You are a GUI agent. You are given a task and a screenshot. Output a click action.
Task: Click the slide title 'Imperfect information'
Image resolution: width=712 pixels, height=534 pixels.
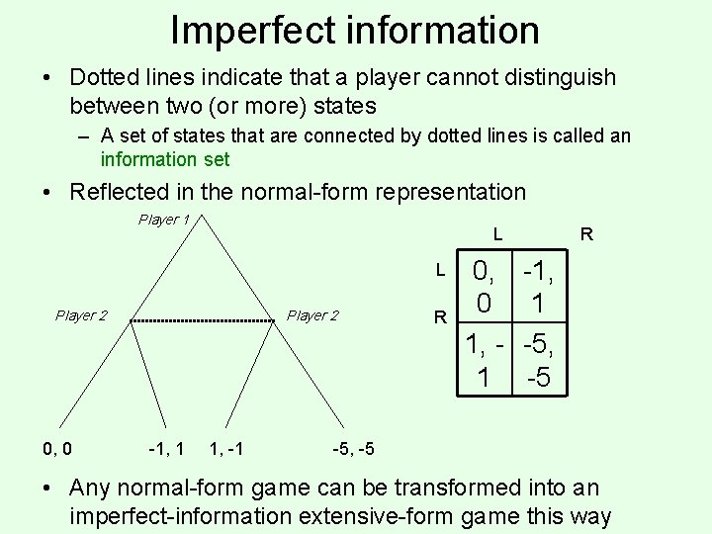355,30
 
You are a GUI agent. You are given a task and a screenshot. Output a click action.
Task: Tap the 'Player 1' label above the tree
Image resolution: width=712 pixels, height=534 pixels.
163,220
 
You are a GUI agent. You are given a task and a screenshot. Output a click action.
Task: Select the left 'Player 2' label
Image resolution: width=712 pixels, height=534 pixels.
81,315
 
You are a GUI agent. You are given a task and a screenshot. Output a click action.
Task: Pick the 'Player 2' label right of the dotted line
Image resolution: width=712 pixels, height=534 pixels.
312,315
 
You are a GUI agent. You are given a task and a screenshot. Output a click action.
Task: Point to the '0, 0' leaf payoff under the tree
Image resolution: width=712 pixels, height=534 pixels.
56,450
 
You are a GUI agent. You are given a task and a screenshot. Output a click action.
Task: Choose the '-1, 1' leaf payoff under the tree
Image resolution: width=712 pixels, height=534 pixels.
165,450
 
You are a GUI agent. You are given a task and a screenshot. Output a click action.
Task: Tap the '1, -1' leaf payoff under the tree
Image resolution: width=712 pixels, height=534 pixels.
229,450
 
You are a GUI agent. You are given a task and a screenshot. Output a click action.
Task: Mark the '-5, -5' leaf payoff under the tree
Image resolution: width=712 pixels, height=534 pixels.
353,450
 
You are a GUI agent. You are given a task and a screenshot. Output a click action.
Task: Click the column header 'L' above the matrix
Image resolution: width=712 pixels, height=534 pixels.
498,235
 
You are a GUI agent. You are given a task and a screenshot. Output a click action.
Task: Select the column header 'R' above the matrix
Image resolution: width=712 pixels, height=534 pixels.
586,235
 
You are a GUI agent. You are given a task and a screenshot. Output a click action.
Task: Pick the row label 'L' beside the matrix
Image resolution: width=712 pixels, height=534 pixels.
442,270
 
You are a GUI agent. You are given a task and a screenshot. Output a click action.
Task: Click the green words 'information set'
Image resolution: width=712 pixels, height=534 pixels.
165,158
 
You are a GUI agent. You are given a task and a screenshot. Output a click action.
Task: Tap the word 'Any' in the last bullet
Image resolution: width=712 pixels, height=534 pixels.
92,488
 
